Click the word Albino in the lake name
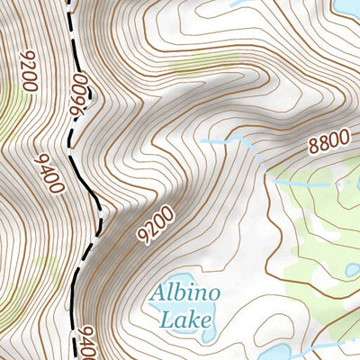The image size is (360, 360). [186, 293]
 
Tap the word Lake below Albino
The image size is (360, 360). [185, 318]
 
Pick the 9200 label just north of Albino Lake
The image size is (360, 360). [155, 225]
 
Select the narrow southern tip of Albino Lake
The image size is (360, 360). [208, 337]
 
